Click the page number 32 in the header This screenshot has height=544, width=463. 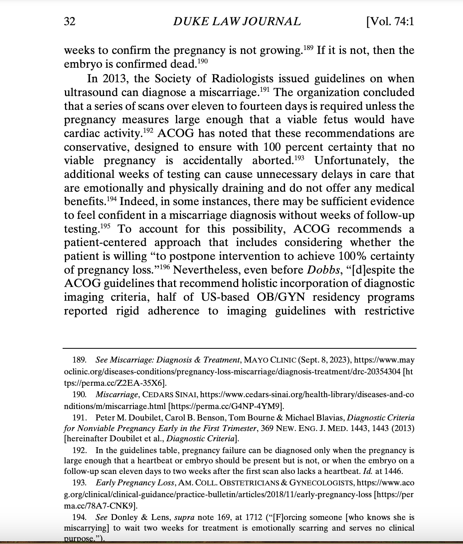coord(70,22)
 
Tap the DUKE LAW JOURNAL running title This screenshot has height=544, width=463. coord(237,22)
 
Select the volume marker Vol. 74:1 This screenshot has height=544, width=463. coord(390,22)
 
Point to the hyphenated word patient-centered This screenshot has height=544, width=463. coord(105,242)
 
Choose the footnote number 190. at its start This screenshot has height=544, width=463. coord(79,394)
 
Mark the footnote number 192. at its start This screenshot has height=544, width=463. coord(79,450)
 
